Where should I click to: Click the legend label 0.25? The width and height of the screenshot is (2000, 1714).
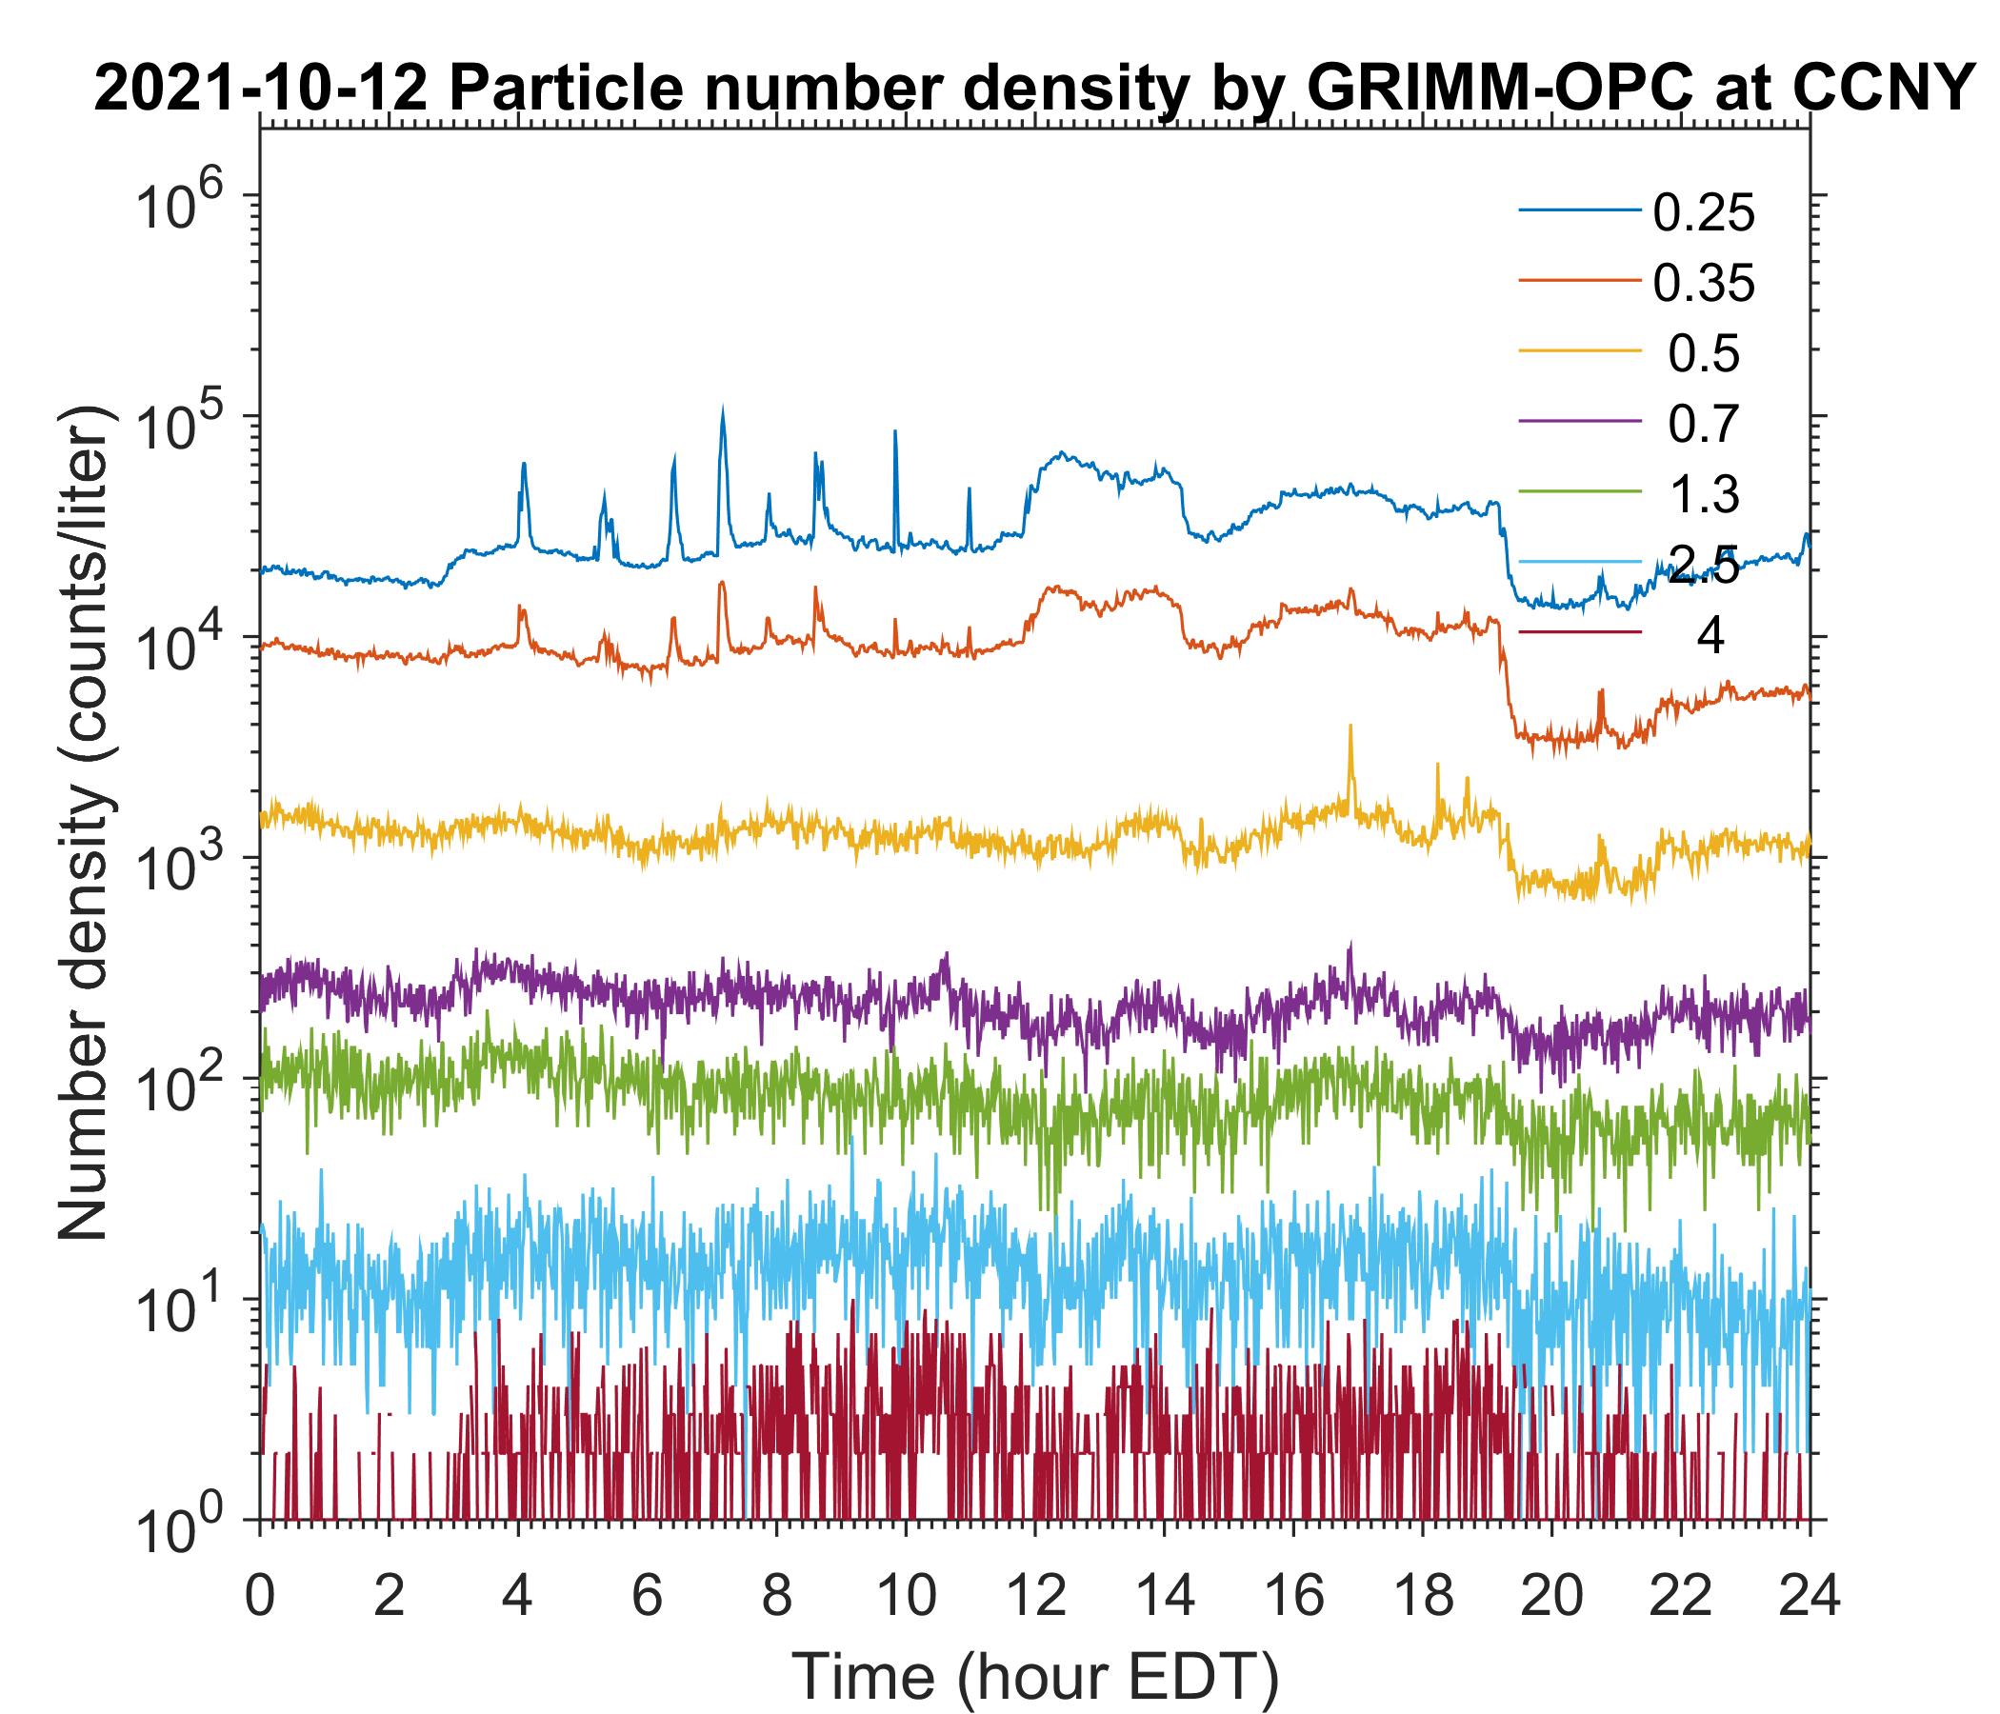tap(1703, 213)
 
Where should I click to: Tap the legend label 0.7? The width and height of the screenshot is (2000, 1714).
tap(1704, 424)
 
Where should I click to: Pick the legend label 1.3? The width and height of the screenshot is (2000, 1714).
tap(1704, 494)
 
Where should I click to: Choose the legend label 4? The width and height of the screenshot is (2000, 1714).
tap(1710, 637)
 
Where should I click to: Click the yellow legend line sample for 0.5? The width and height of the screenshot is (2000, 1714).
tap(1580, 353)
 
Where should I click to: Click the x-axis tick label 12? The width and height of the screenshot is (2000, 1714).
tap(1033, 1595)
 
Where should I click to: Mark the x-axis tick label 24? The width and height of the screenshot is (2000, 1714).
tap(1808, 1595)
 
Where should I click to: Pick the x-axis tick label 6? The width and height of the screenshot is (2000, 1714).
tap(647, 1595)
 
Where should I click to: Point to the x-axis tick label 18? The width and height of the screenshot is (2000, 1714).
tap(1422, 1595)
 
